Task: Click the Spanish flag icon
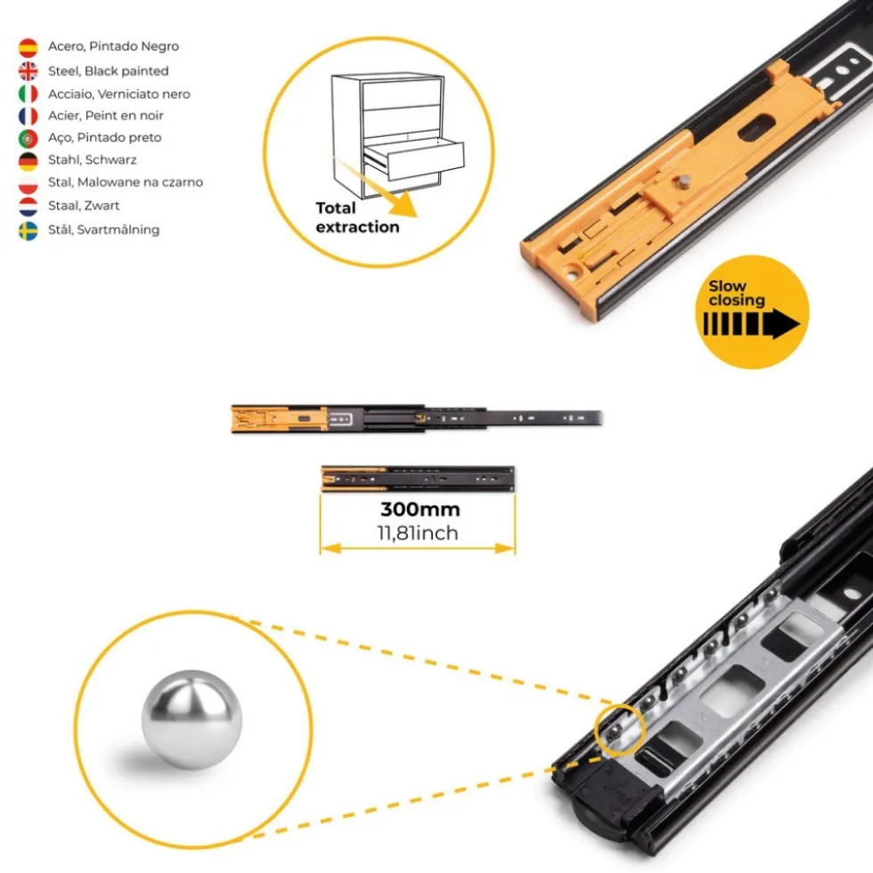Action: click(28, 47)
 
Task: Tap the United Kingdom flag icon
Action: click(28, 70)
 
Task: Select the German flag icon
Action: click(28, 161)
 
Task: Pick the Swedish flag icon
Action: click(28, 230)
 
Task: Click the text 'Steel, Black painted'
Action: click(108, 71)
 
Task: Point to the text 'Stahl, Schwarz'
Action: click(92, 160)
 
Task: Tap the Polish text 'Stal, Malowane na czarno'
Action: click(126, 182)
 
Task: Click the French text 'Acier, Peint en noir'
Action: click(105, 116)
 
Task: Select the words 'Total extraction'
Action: click(357, 217)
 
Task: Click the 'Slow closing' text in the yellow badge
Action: click(736, 293)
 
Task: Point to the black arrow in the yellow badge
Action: click(751, 324)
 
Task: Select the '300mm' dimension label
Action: click(420, 509)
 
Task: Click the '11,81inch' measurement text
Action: click(418, 533)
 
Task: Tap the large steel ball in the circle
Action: click(192, 719)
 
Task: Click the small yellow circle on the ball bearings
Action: click(619, 730)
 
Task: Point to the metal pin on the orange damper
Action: click(683, 182)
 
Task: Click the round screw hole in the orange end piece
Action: click(573, 273)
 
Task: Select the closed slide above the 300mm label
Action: click(418, 479)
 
